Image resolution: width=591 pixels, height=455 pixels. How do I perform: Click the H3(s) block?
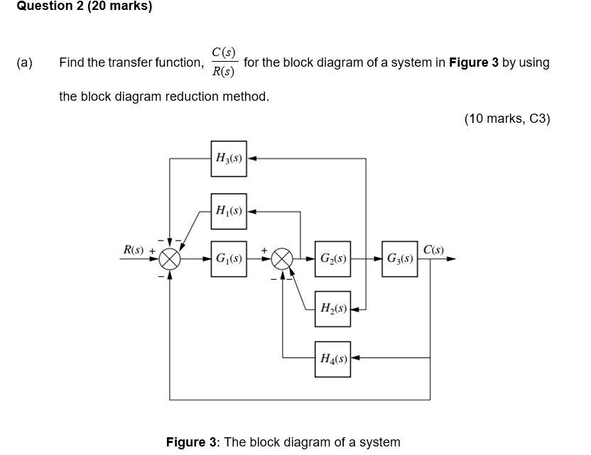[x=229, y=158]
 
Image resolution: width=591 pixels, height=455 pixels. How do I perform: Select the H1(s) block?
[x=229, y=212]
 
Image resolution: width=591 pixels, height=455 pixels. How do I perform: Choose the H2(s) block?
[x=332, y=309]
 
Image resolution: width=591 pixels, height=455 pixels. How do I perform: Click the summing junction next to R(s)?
[x=170, y=258]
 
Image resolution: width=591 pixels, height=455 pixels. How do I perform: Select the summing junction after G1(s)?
[x=283, y=258]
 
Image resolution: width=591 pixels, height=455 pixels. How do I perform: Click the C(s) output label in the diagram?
[x=433, y=249]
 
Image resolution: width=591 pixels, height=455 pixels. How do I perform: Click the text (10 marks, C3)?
[x=507, y=119]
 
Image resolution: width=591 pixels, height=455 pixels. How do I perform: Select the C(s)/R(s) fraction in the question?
[x=223, y=62]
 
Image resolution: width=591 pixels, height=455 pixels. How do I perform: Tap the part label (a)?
[x=24, y=62]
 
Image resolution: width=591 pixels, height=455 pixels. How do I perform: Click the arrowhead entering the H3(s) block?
[x=252, y=158]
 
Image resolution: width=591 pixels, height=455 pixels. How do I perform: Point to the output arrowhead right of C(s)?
[x=450, y=259]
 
